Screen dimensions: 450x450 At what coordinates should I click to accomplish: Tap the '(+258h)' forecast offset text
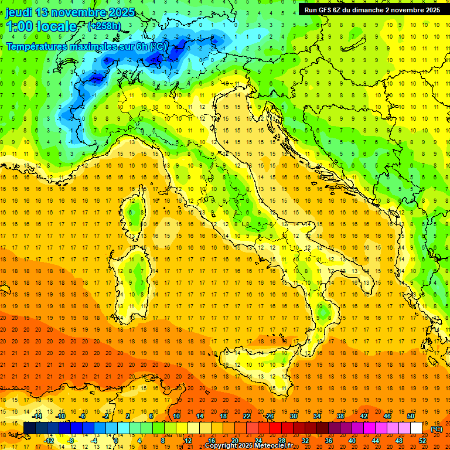105,26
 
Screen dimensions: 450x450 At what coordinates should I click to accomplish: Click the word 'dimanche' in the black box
376,10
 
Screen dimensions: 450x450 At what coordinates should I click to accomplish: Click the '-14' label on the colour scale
37,416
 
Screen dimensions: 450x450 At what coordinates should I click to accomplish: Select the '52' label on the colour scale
422,440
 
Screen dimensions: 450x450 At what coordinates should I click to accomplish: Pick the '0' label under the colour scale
116,440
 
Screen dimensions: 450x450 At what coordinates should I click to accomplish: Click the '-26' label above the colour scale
269,416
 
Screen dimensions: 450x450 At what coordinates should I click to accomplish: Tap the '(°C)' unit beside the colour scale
437,428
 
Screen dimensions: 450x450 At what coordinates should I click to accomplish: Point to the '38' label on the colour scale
340,416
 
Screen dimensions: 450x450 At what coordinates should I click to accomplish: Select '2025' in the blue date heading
120,12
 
